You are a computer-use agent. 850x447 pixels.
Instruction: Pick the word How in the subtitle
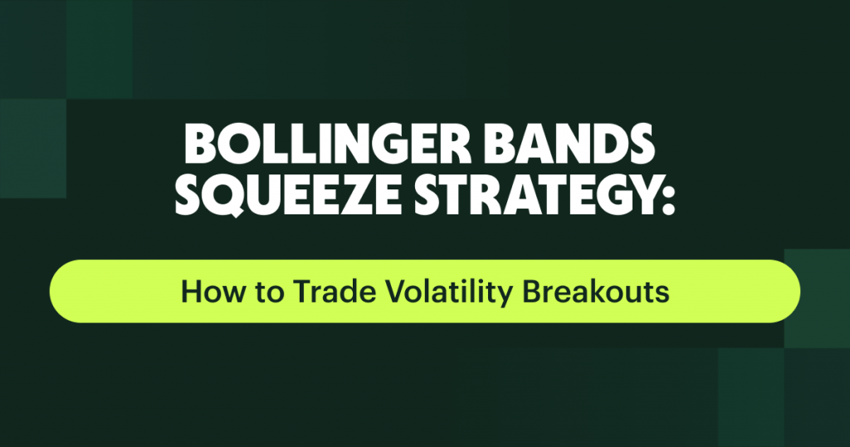(204, 292)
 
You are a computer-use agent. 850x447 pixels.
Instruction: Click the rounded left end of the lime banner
(65, 291)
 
